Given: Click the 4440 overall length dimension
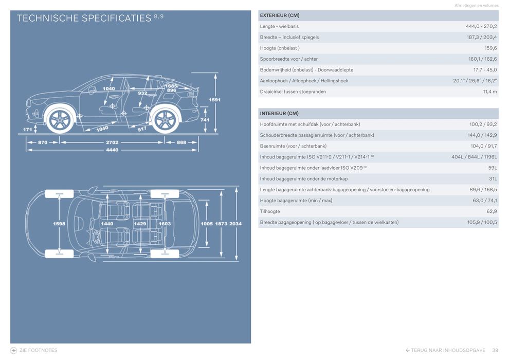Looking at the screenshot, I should click(112, 150).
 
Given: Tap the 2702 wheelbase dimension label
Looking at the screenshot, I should click(112, 142).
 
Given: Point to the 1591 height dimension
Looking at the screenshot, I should click(215, 100).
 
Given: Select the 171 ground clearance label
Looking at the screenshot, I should click(28, 130).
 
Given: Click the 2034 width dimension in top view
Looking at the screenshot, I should click(235, 224).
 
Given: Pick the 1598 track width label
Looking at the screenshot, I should click(60, 224).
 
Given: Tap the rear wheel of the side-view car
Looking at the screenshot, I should click(165, 120).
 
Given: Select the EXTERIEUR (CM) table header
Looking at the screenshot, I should click(279, 15).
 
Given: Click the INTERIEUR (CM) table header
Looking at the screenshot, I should click(279, 113).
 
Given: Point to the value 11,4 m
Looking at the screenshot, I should click(489, 92).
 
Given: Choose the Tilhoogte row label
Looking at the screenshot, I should click(270, 211).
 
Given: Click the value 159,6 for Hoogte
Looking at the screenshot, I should click(490, 48).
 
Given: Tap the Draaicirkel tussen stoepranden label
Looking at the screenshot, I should click(293, 92).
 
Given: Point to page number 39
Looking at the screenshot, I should click(495, 350).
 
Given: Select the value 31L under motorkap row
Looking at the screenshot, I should click(493, 178).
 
